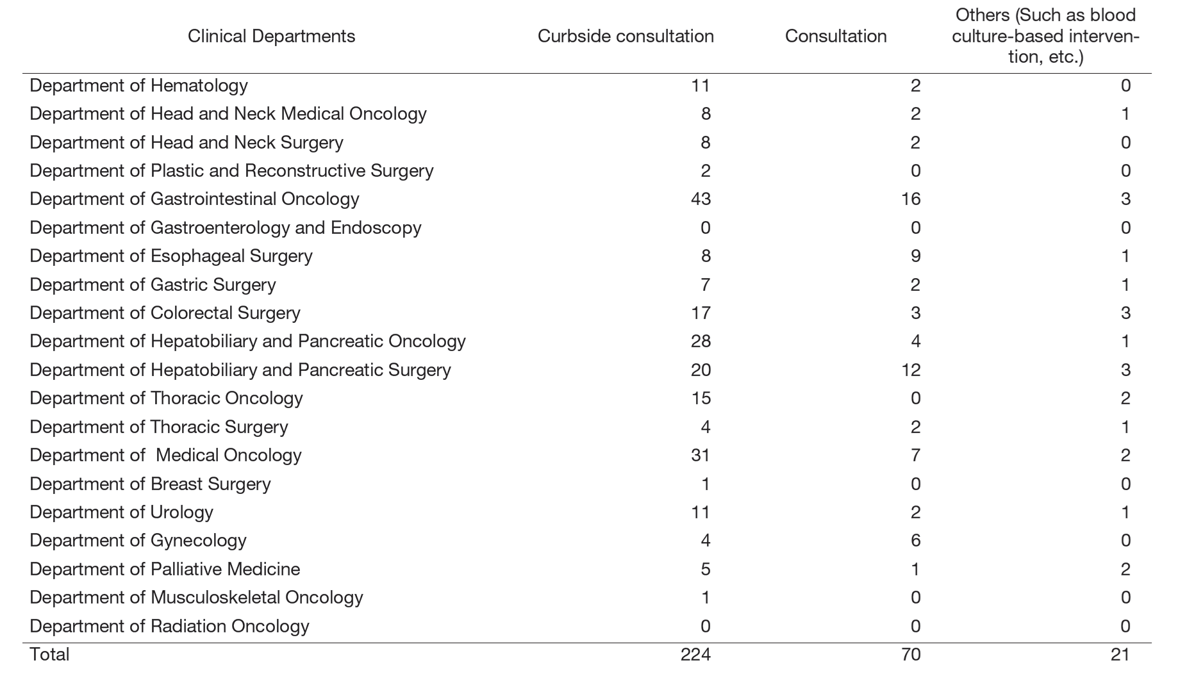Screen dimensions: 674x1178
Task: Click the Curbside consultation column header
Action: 626,37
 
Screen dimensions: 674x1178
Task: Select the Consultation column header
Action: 835,37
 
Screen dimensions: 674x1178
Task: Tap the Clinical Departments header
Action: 271,37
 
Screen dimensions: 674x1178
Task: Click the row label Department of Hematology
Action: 138,85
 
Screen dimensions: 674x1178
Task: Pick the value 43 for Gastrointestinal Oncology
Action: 701,199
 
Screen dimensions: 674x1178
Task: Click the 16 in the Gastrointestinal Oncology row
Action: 910,199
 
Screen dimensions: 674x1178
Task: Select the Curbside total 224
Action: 695,654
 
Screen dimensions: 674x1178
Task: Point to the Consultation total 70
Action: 910,654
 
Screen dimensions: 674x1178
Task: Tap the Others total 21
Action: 1120,654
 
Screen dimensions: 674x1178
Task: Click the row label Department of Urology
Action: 121,512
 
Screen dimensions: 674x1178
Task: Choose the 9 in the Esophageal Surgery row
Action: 915,256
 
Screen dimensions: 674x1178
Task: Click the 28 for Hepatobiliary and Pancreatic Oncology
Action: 701,341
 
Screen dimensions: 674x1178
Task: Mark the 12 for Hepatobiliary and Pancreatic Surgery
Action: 910,370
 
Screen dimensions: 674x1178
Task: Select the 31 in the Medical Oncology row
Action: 701,455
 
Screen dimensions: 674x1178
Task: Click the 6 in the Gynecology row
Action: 915,540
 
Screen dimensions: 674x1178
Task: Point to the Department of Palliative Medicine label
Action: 165,569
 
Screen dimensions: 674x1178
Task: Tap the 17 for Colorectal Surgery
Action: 701,313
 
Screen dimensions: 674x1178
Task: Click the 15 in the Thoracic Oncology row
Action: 701,398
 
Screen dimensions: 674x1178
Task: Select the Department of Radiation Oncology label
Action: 169,626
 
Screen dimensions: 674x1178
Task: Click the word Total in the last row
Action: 49,654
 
